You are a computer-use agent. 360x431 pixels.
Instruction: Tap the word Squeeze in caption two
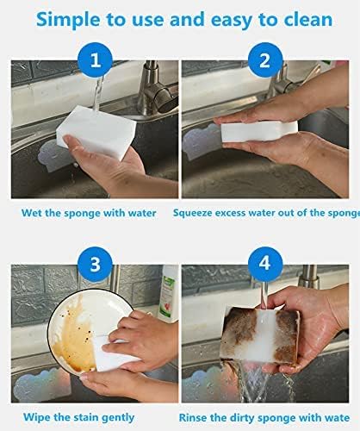(x=195, y=210)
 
